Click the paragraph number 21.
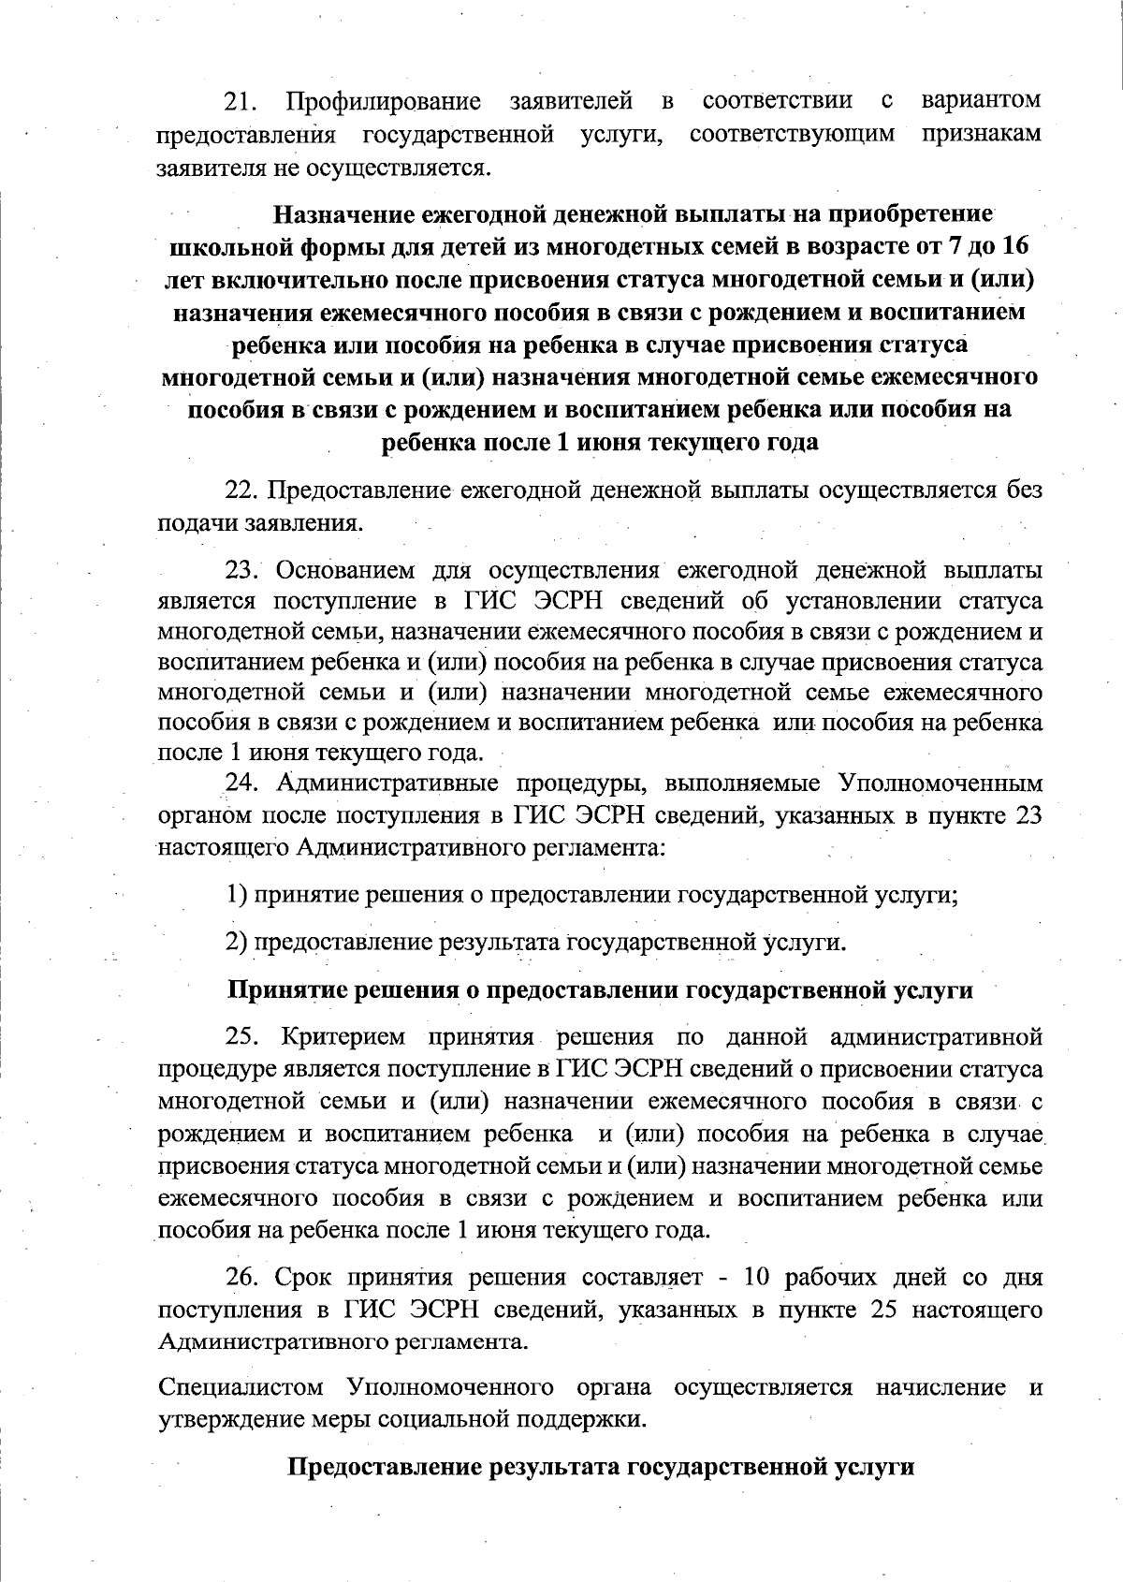pyautogui.click(x=242, y=101)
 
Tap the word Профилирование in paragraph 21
pyautogui.click(x=385, y=101)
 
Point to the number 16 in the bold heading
pyautogui.click(x=1022, y=247)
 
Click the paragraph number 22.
pyautogui.click(x=242, y=491)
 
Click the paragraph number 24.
pyautogui.click(x=242, y=784)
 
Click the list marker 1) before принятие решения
pyautogui.click(x=237, y=894)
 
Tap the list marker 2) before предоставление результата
pyautogui.click(x=237, y=941)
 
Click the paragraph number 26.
pyautogui.click(x=242, y=1278)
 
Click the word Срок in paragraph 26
pyautogui.click(x=303, y=1278)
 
